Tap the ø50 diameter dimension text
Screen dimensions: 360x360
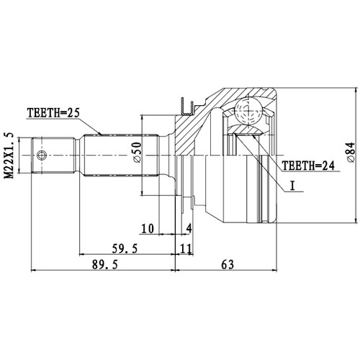135,154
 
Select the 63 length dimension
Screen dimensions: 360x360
228,264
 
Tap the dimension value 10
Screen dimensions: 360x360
148,229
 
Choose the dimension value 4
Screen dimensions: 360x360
188,229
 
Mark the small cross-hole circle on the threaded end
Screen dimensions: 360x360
42,155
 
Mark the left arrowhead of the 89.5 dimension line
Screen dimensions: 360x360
35,272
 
